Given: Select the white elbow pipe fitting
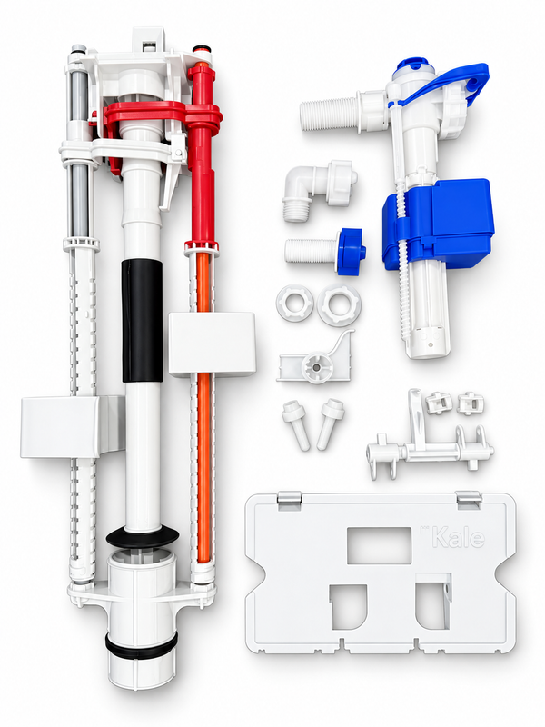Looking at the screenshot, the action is click(x=319, y=189).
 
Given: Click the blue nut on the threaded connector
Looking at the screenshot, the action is click(x=352, y=252).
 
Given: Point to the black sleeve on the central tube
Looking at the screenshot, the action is click(x=143, y=321).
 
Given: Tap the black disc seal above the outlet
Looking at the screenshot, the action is click(x=143, y=537).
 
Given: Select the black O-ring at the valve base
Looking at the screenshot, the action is click(x=142, y=646).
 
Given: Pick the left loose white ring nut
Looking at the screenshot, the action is click(x=294, y=304).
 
